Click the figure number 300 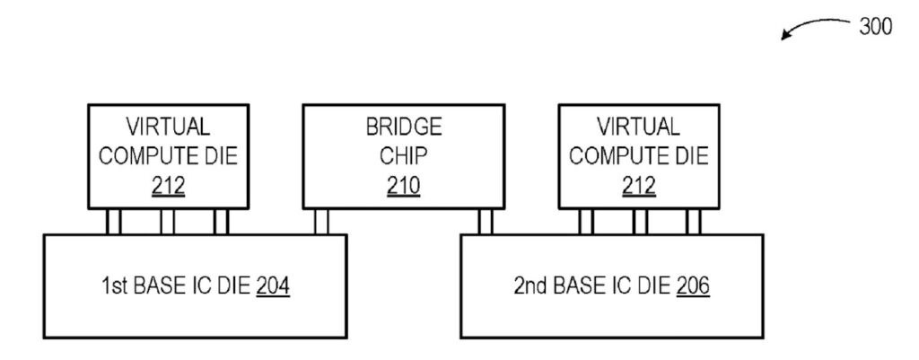click(x=875, y=28)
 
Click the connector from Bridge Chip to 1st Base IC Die click(x=320, y=220)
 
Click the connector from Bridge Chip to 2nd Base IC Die click(x=485, y=220)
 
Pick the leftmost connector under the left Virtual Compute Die click(x=113, y=220)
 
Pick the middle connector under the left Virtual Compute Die click(x=167, y=220)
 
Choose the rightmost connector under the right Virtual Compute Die click(x=693, y=220)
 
